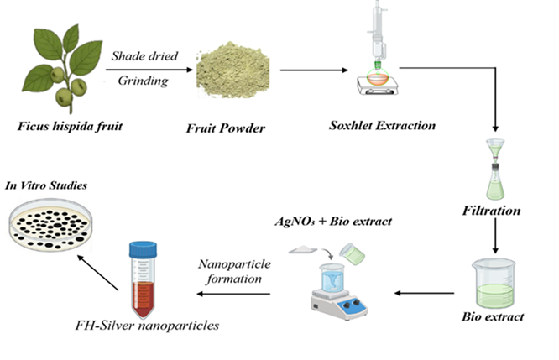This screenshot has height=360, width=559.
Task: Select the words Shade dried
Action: pos(144,55)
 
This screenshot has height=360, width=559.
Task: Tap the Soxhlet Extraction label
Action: pos(382,126)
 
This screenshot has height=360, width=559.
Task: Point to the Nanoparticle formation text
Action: pos(233,270)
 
